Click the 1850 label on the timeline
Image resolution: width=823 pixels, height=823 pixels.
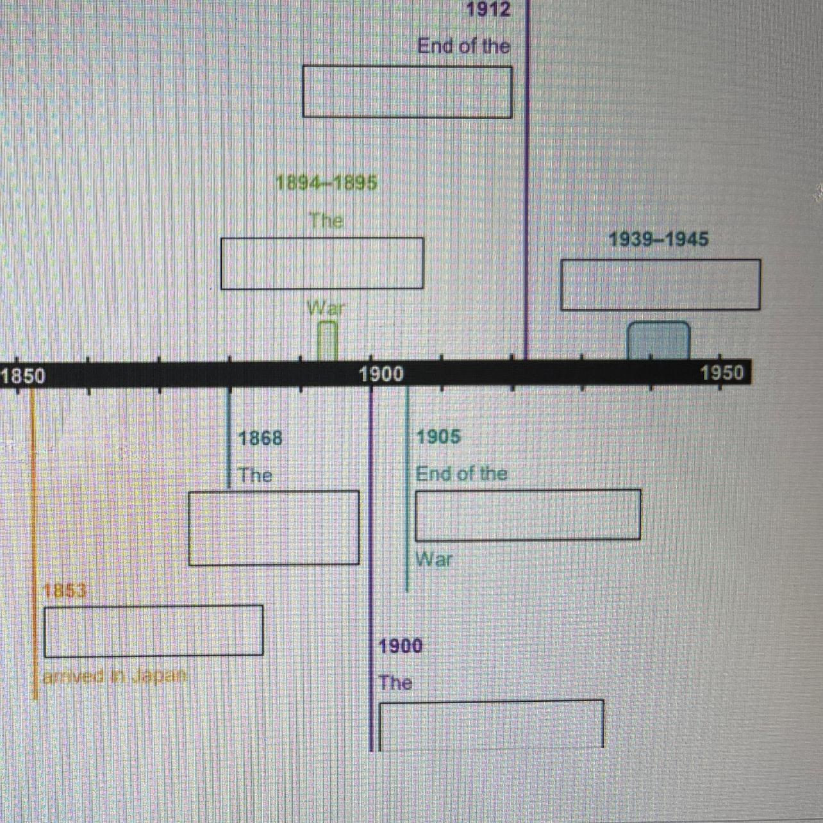[24, 376]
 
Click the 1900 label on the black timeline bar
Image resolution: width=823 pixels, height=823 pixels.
[381, 374]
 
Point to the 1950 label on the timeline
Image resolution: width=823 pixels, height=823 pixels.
[722, 372]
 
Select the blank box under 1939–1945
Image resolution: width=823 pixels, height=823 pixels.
[660, 285]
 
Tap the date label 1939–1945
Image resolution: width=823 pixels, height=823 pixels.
[658, 240]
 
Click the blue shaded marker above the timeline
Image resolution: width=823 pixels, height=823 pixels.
[658, 341]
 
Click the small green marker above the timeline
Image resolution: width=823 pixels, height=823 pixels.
[328, 341]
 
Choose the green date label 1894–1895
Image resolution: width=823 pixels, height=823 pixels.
[326, 183]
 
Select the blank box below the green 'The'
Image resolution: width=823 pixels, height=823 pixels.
[322, 263]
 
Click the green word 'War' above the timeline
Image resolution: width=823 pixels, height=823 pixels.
[326, 308]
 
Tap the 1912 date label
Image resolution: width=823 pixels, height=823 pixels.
[488, 10]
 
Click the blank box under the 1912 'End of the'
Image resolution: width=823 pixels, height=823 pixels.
[407, 92]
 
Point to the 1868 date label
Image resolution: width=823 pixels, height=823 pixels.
[260, 438]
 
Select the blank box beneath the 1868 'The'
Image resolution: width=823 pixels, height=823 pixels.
[274, 528]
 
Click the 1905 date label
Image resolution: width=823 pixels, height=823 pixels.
[438, 437]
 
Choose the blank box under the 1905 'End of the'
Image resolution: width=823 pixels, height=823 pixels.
[528, 515]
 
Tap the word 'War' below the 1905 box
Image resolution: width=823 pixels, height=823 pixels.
[434, 560]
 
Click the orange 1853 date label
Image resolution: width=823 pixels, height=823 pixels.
[65, 590]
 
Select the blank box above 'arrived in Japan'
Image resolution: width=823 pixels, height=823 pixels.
[153, 631]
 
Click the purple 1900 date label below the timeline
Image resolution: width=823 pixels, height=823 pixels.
[401, 646]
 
